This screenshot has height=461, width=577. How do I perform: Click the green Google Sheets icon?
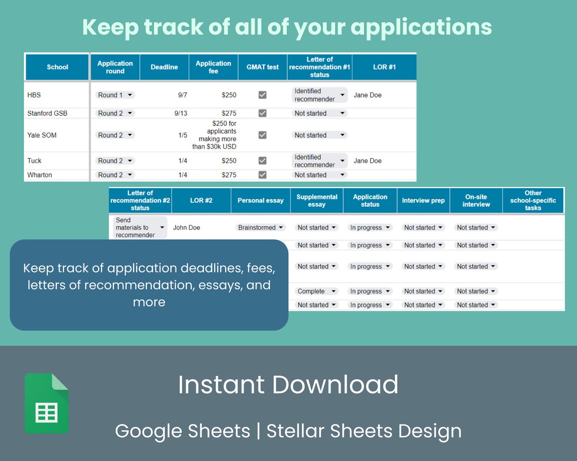click(x=47, y=403)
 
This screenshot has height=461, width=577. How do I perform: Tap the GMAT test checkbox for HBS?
click(x=262, y=95)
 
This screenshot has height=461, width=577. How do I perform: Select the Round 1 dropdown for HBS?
click(x=115, y=95)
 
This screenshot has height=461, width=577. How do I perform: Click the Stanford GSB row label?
click(x=47, y=113)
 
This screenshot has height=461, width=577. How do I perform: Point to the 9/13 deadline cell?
click(x=181, y=113)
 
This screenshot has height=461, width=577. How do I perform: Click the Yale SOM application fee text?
click(x=214, y=135)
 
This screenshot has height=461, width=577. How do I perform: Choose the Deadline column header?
click(x=164, y=67)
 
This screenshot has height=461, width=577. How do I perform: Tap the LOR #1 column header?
click(x=384, y=67)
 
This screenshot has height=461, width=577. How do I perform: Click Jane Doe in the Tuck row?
click(x=367, y=161)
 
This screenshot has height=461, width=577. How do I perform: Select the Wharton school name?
click(x=39, y=175)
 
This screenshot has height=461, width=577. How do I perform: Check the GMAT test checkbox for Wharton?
click(x=262, y=175)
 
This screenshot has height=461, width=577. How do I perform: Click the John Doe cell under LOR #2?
click(x=187, y=227)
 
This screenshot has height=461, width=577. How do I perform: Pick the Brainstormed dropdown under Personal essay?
click(x=261, y=227)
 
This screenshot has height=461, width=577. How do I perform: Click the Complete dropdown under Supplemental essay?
click(x=316, y=291)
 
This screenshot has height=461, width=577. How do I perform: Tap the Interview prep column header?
click(x=423, y=200)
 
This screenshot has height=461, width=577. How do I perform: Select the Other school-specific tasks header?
click(x=533, y=200)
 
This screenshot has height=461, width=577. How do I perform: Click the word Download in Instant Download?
click(x=335, y=385)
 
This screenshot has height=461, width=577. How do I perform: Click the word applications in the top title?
click(x=421, y=28)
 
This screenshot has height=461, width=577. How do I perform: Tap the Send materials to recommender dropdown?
click(x=140, y=227)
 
